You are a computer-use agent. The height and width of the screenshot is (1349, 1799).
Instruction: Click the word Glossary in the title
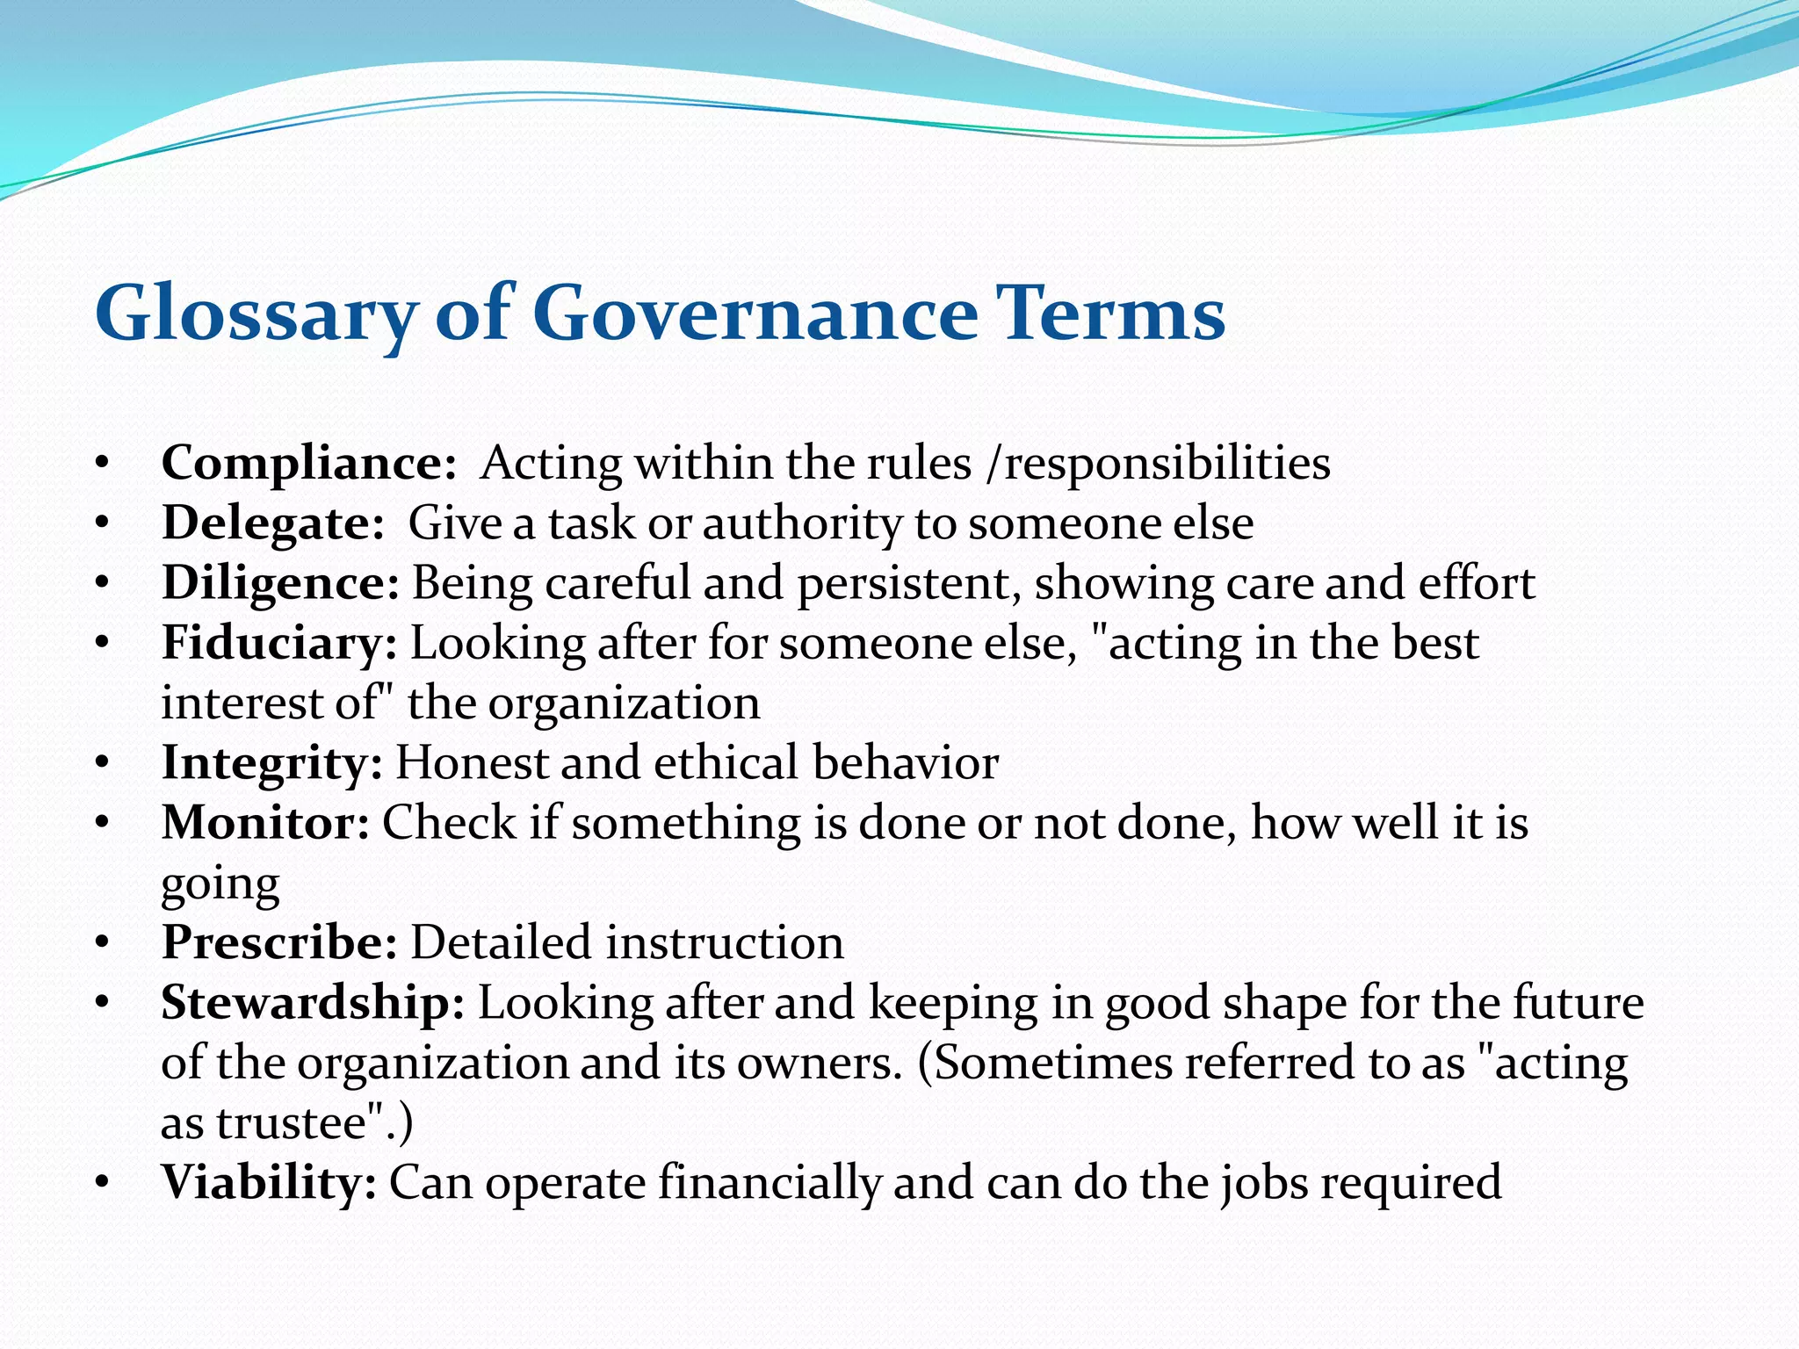[255, 314]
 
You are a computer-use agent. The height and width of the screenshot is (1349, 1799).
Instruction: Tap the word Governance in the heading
[755, 314]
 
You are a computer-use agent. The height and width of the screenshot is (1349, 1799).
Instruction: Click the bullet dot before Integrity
[103, 764]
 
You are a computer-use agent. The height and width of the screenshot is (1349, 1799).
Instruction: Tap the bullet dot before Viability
[103, 1184]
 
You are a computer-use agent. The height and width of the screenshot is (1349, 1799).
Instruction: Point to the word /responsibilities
[1159, 463]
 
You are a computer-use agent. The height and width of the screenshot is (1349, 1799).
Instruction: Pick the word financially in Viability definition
[769, 1182]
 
